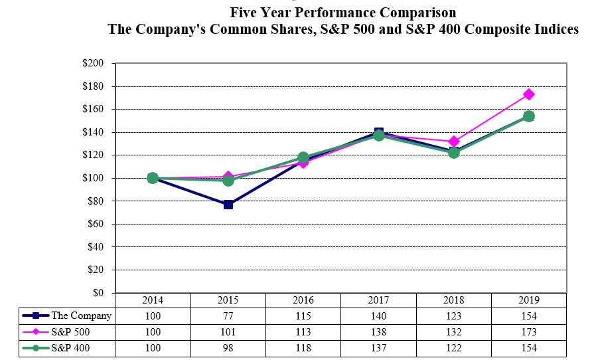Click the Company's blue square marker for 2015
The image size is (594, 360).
point(228,204)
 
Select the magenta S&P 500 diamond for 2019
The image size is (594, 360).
point(529,94)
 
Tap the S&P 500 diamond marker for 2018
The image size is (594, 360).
point(454,141)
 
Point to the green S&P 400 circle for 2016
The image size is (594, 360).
point(303,158)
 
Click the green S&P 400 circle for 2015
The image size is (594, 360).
point(228,180)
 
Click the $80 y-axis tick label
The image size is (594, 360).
point(95,201)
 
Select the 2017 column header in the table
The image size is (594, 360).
point(378,300)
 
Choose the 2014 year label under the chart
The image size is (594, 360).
point(153,300)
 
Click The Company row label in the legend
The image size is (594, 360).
point(81,315)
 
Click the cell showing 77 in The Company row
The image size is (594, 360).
point(228,315)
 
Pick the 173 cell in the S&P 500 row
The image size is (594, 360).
point(529,331)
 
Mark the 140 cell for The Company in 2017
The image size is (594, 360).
point(378,315)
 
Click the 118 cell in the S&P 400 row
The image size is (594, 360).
point(303,347)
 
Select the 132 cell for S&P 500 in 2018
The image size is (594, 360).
point(454,331)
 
